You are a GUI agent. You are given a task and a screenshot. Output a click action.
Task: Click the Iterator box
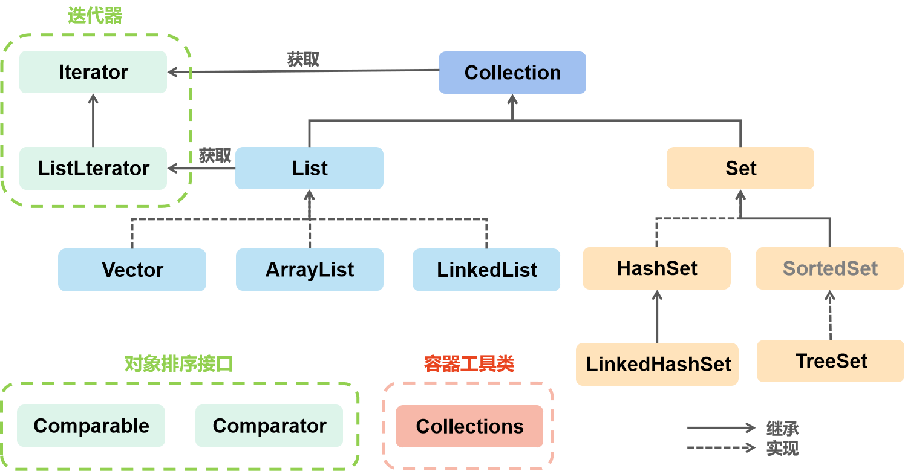pyautogui.click(x=93, y=72)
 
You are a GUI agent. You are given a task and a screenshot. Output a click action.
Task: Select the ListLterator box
pyautogui.click(x=93, y=168)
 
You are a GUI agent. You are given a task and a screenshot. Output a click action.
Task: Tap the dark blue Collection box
pyautogui.click(x=512, y=73)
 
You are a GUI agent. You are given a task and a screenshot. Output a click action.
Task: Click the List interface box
pyautogui.click(x=309, y=168)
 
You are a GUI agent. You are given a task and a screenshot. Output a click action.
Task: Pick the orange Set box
pyautogui.click(x=740, y=168)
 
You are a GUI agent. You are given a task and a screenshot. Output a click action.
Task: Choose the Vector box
pyautogui.click(x=132, y=270)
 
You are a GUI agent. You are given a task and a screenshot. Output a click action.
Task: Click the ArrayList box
pyautogui.click(x=309, y=270)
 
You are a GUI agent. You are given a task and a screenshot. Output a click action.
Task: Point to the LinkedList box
pyautogui.click(x=486, y=270)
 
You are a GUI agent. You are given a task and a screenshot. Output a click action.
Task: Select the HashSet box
pyautogui.click(x=657, y=268)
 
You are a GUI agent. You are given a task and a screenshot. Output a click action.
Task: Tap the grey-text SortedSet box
pyautogui.click(x=830, y=268)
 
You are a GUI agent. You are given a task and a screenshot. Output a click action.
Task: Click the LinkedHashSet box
pyautogui.click(x=658, y=364)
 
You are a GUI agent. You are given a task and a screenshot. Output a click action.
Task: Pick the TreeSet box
pyautogui.click(x=831, y=361)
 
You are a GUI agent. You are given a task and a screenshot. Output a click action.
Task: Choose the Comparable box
pyautogui.click(x=91, y=426)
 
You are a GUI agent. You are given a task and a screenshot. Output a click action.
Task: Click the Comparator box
pyautogui.click(x=269, y=426)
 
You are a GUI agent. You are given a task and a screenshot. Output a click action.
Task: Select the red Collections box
pyautogui.click(x=469, y=426)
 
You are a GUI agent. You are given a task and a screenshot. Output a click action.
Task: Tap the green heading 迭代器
pyautogui.click(x=95, y=16)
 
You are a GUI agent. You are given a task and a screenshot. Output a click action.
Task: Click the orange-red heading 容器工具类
pyautogui.click(x=469, y=363)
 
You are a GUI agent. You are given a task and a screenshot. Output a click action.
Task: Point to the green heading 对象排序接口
pyautogui.click(x=178, y=363)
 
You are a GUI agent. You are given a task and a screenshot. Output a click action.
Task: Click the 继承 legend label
pyautogui.click(x=782, y=429)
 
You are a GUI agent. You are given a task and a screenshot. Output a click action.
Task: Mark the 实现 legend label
pyautogui.click(x=782, y=448)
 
